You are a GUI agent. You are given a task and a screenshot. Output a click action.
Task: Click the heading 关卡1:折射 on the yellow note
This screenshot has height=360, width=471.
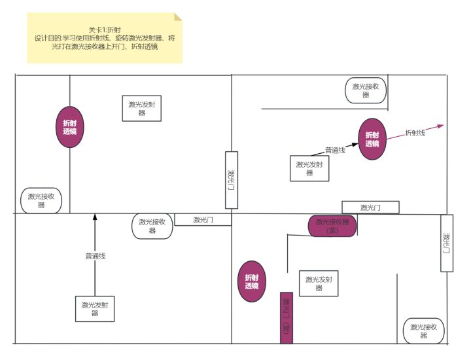[x=105, y=29]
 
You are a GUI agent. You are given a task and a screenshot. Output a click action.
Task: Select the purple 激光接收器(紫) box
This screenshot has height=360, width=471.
[x=332, y=226]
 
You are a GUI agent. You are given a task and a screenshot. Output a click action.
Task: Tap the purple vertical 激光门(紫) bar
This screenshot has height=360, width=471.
[x=286, y=317]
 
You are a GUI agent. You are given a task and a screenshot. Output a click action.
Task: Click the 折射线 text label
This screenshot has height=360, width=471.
[x=415, y=133]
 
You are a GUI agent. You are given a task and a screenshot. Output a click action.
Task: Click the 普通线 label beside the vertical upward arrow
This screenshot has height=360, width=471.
[x=95, y=256]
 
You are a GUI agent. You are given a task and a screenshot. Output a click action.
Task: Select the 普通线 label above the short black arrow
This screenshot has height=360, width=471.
[x=335, y=150]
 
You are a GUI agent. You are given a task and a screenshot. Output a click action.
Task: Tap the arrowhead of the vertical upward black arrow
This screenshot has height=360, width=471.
[x=95, y=217]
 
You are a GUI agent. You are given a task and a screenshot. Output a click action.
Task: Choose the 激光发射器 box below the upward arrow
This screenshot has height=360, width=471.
[x=95, y=308]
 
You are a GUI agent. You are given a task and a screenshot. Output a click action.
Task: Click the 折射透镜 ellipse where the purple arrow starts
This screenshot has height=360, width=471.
[x=372, y=139]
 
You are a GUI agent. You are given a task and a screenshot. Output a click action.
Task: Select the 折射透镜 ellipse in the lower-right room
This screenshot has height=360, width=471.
[x=252, y=281]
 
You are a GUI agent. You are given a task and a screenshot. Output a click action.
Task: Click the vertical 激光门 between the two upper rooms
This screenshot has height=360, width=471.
[x=231, y=180]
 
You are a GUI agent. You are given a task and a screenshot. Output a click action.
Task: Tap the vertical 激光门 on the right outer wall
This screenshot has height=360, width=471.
[x=447, y=243]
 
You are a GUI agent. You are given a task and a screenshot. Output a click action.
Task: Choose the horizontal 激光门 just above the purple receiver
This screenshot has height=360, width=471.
[x=370, y=207]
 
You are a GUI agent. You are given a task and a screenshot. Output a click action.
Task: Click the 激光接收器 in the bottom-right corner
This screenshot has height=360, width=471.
[x=424, y=331]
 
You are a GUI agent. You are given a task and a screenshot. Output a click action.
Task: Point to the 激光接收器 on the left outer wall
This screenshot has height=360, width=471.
[x=41, y=200]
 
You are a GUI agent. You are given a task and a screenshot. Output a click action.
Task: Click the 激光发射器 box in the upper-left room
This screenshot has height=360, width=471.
[x=142, y=108]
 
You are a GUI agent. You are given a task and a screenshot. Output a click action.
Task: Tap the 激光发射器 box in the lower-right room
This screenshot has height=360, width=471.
[x=319, y=283]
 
